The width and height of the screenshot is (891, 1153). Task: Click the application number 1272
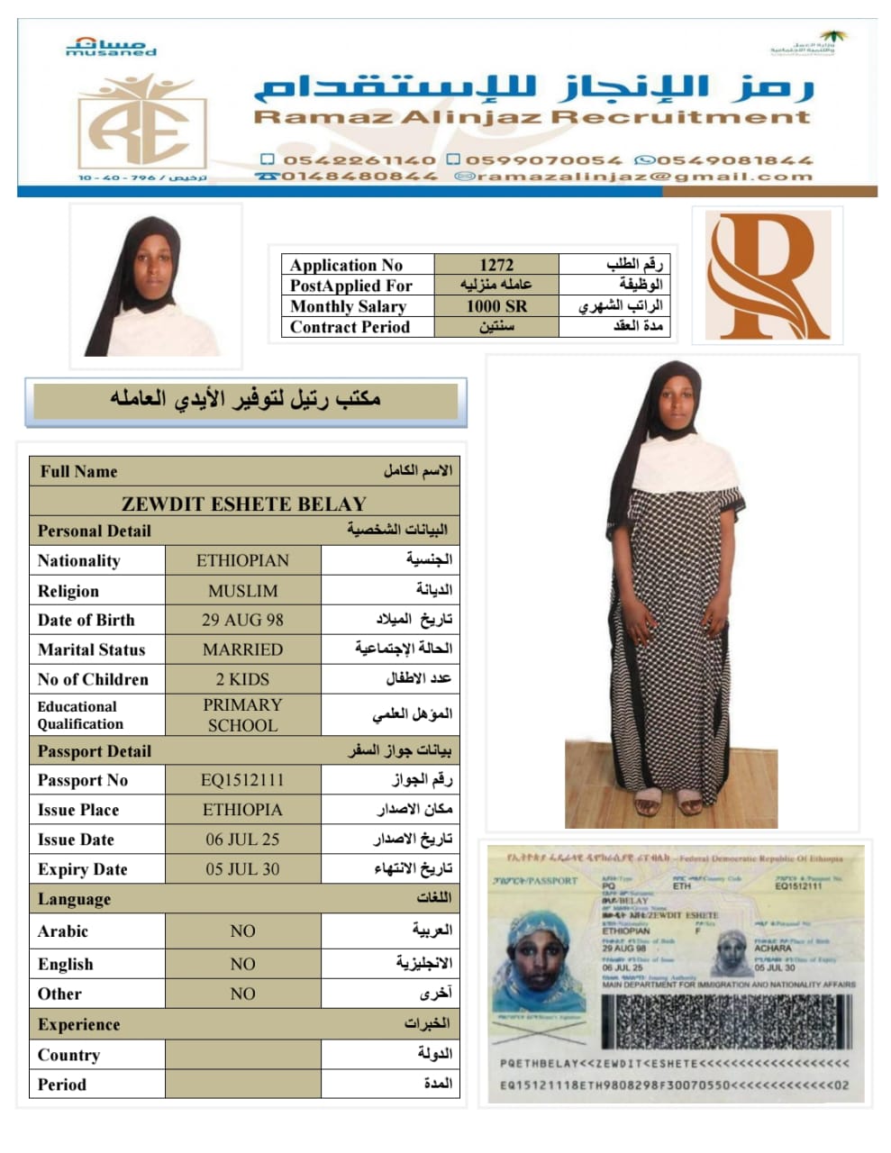click(x=496, y=265)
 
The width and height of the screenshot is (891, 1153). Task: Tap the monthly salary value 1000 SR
click(x=496, y=306)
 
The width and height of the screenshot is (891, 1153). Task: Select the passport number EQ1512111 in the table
click(x=242, y=780)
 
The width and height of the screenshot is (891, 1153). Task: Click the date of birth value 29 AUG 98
click(x=242, y=620)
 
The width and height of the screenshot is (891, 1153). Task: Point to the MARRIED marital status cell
click(x=242, y=649)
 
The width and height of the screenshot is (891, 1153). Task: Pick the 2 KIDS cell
click(x=242, y=679)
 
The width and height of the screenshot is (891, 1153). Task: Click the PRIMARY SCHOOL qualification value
click(x=242, y=714)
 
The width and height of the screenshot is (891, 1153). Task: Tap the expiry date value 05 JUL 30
click(x=242, y=869)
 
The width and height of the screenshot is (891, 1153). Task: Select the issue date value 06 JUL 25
click(x=242, y=840)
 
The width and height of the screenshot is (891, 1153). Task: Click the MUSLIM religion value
click(x=242, y=591)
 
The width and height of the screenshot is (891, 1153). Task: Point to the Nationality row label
click(x=79, y=560)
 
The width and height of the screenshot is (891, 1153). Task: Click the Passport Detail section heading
click(x=95, y=751)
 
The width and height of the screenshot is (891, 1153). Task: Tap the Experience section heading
click(x=79, y=1024)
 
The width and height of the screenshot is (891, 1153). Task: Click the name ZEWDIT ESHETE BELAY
click(x=244, y=504)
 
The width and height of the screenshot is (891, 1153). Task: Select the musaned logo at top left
click(x=111, y=47)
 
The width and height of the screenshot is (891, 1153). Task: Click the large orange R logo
click(x=767, y=275)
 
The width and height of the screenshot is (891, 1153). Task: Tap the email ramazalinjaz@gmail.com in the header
click(x=644, y=177)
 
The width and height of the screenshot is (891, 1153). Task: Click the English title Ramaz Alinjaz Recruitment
click(x=532, y=116)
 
